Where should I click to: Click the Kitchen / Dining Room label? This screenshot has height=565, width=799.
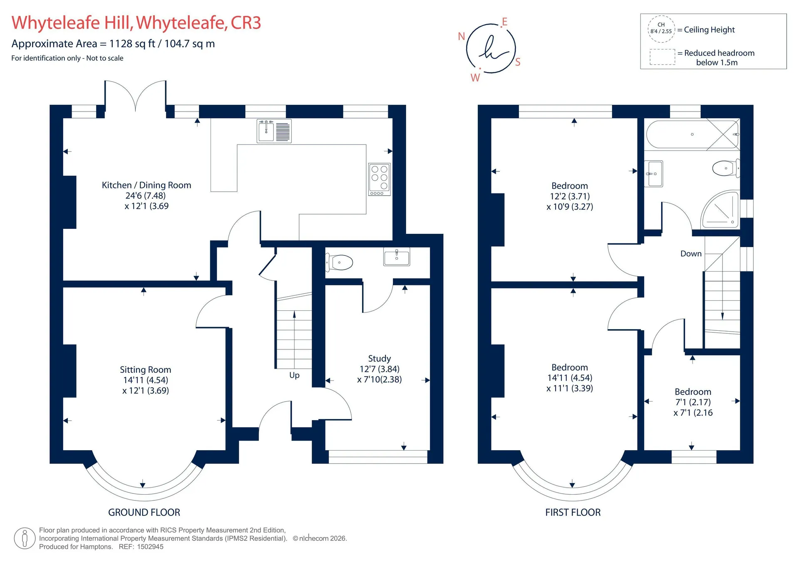[x=146, y=185]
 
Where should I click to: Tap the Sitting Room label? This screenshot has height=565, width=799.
[x=145, y=369]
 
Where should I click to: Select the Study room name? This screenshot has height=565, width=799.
[x=380, y=358]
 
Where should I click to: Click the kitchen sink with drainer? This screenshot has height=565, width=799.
[x=274, y=131]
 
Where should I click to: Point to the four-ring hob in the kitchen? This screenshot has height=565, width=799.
[x=380, y=179]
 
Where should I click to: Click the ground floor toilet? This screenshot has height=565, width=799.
[x=339, y=262]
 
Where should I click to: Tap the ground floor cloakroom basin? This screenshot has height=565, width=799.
[x=397, y=257]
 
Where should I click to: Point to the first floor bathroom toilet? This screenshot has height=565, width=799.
[x=726, y=168]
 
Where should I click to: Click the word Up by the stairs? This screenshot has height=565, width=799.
[x=294, y=375]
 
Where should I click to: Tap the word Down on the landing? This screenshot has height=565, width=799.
[x=691, y=253]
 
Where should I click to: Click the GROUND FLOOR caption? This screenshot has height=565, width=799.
[x=144, y=512]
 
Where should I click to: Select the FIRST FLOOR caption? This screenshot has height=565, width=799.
[x=573, y=512]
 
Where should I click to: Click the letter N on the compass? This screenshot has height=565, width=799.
[x=461, y=36]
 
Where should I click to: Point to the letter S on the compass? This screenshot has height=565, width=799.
[x=518, y=62]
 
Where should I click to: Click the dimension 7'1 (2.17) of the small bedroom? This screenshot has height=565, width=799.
[x=693, y=402]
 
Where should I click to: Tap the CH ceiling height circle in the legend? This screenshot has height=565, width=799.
[x=661, y=29]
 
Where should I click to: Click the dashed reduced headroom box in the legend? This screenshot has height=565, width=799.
[x=663, y=57]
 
